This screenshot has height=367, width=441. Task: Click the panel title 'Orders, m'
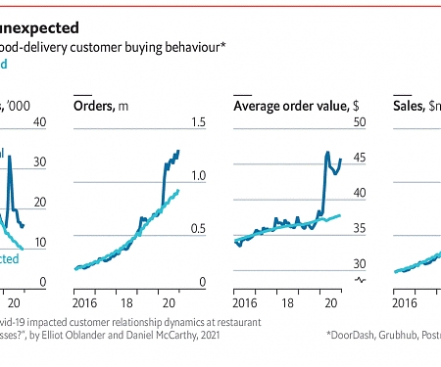(102, 106)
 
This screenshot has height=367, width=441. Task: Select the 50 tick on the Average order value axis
(359, 122)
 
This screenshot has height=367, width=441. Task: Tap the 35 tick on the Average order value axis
(359, 229)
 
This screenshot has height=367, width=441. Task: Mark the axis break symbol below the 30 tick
(359, 281)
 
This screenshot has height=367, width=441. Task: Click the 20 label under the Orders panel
(169, 293)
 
